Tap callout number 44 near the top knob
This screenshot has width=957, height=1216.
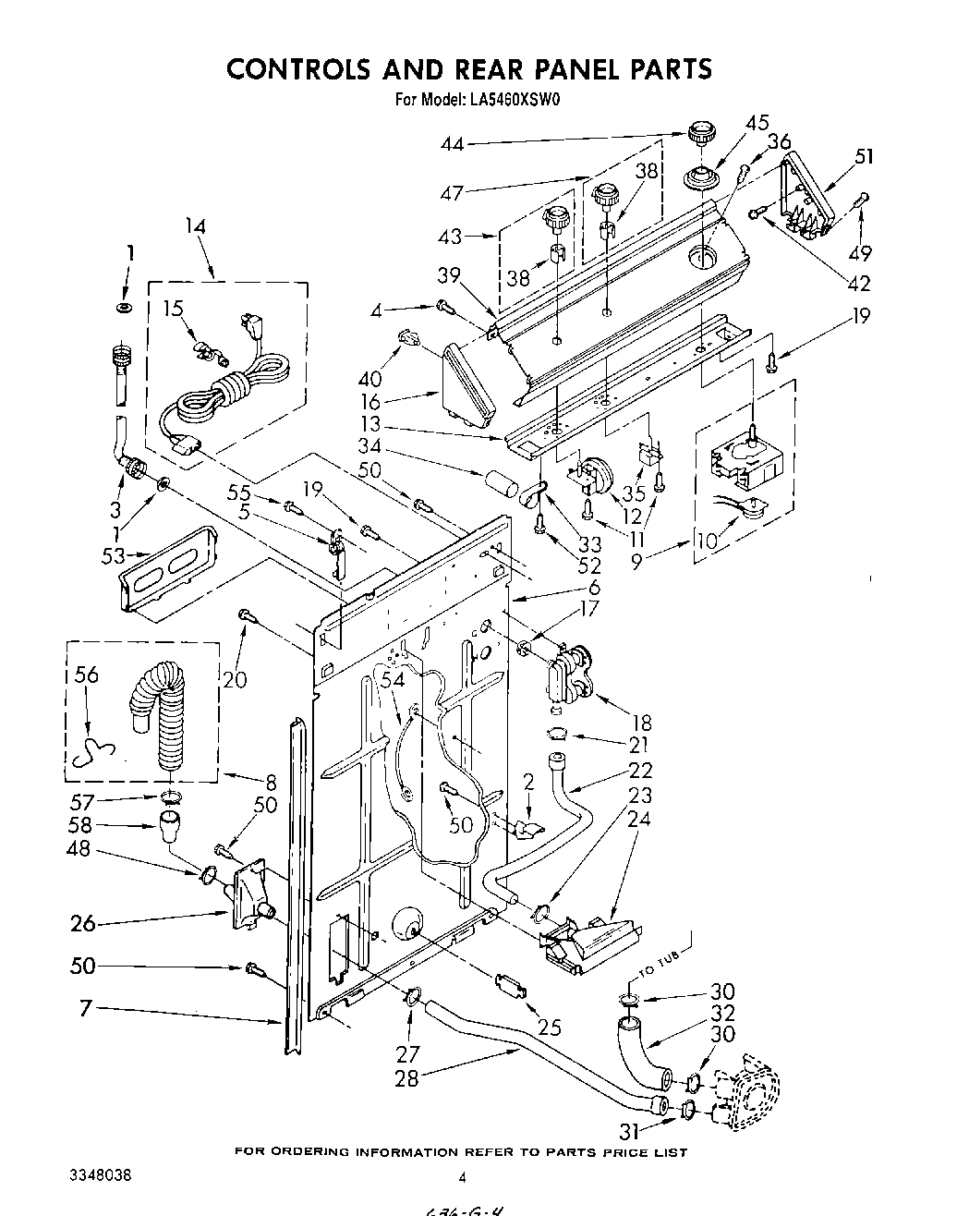pyautogui.click(x=454, y=143)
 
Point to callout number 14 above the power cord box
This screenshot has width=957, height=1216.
pyautogui.click(x=195, y=227)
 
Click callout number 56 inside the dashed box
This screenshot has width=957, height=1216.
pyautogui.click(x=85, y=676)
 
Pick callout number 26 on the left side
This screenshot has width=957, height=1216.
pyautogui.click(x=84, y=922)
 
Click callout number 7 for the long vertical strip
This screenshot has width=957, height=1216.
pyautogui.click(x=85, y=1008)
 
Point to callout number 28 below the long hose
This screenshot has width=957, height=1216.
pyautogui.click(x=406, y=1076)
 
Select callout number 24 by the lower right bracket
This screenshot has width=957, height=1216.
pyautogui.click(x=638, y=820)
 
